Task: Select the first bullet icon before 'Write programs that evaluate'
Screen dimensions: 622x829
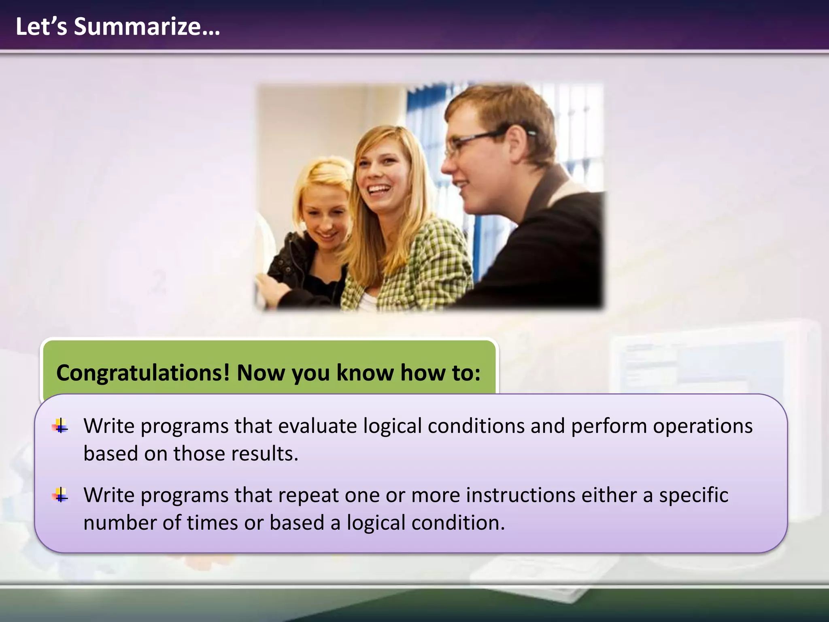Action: point(60,426)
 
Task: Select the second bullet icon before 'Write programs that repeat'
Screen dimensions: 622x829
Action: point(60,495)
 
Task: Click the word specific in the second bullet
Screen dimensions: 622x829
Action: point(693,495)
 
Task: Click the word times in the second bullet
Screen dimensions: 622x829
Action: point(212,522)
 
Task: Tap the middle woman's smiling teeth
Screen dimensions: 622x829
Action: point(379,189)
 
